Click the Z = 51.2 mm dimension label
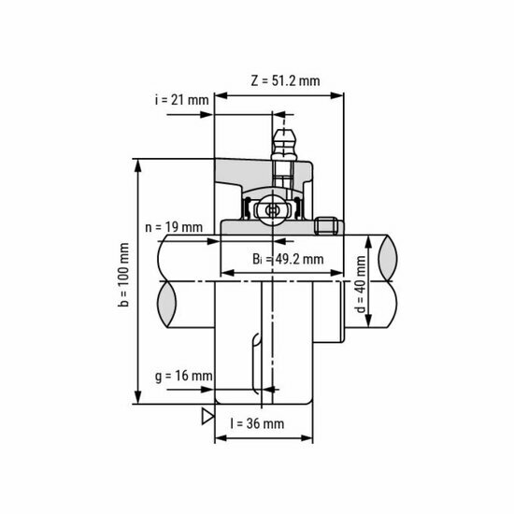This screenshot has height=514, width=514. pos(285,80)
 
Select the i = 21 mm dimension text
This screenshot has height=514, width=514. pos(181,100)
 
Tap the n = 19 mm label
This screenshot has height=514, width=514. pos(174,227)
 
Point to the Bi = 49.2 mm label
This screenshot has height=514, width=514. pos(288,259)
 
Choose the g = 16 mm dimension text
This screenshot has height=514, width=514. pos(182,377)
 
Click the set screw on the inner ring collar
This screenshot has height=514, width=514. pos(326,226)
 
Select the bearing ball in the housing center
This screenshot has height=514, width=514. pos(272,210)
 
